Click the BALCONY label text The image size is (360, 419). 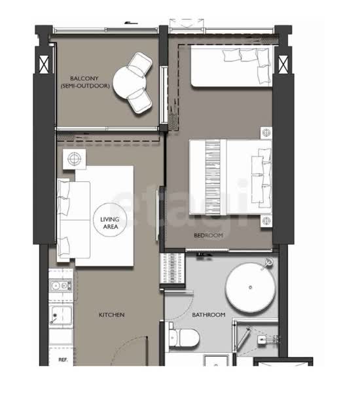[84, 79]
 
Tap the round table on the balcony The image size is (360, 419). [129, 83]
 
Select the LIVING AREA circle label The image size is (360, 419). [110, 220]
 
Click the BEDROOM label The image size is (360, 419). [208, 236]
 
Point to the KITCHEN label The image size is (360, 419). [112, 315]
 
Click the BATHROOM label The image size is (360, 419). [209, 315]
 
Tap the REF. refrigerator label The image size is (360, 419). [63, 359]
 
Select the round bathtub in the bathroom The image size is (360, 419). [250, 287]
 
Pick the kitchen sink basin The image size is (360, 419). [61, 316]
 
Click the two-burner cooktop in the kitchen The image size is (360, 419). [61, 285]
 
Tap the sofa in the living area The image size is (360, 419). [73, 220]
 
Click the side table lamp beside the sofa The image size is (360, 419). [74, 159]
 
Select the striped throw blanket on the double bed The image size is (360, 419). [213, 177]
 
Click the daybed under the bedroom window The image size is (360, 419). [231, 67]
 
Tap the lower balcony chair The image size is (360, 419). [139, 100]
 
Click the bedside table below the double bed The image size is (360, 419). [266, 221]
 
